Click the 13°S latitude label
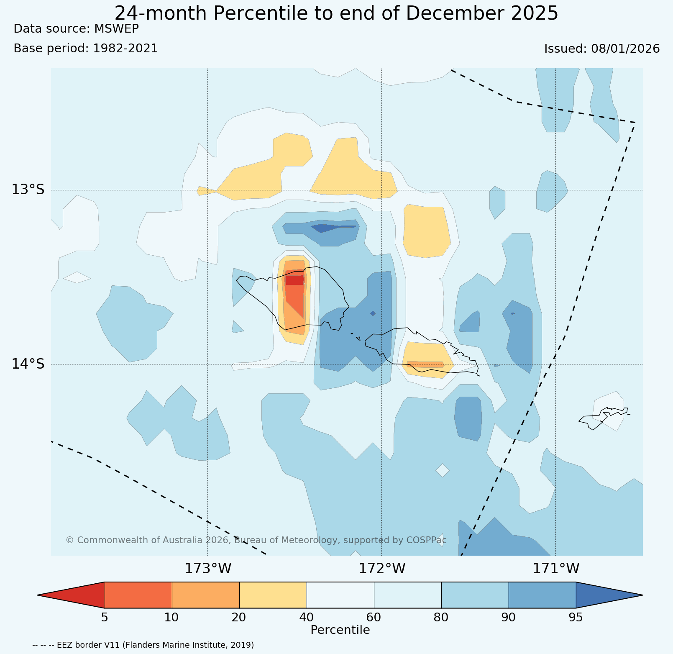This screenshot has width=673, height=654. point(28,190)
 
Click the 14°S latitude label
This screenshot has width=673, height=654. point(28,364)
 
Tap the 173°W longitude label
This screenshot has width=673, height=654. point(208,569)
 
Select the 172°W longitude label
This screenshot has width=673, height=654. point(382,569)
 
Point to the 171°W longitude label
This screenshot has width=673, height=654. point(556,569)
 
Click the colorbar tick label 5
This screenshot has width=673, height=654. point(105,617)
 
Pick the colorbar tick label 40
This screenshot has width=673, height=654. point(307,617)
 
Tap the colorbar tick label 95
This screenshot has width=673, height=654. point(576,617)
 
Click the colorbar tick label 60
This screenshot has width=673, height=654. point(374,617)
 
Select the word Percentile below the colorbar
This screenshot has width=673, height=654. point(340,630)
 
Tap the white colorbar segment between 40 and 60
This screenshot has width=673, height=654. point(340,595)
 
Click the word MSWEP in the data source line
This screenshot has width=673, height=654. point(116,28)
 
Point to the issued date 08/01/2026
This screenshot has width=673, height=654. point(625,49)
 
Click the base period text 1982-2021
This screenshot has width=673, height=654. point(125,49)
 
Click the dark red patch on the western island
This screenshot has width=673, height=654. point(294,280)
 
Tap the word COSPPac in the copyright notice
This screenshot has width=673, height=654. point(426,540)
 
